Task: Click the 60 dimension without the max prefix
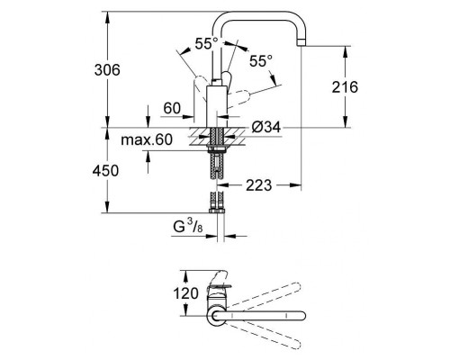coord(173,108)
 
